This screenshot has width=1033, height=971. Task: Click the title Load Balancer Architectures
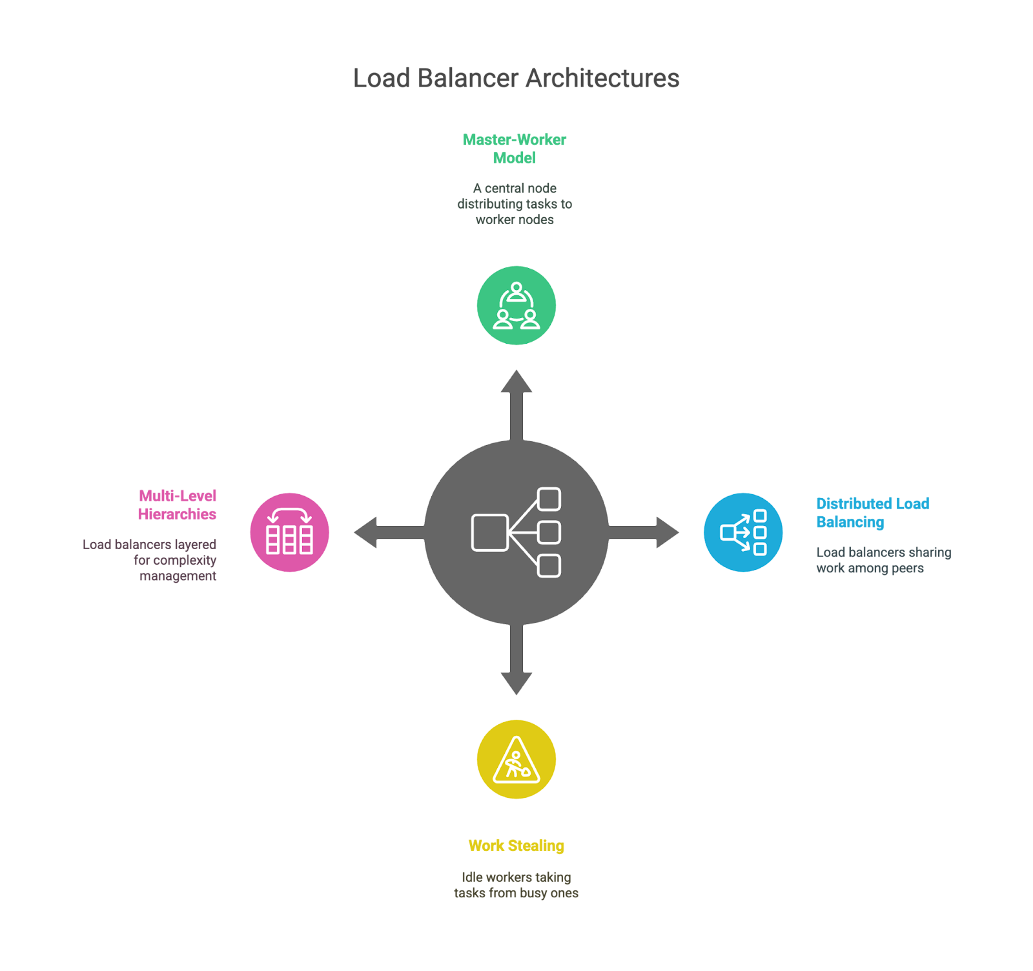pos(516,78)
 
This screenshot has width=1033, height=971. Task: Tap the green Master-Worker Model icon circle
pos(516,306)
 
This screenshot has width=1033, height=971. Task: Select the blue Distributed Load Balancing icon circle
pos(743,532)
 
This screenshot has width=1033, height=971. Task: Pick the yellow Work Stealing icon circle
pos(516,760)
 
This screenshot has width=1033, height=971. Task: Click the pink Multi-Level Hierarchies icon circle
pos(289,532)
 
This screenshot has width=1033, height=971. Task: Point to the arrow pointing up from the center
pos(516,401)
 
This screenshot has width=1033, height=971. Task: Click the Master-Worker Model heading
pos(515,149)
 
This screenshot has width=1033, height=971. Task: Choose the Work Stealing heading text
pos(516,846)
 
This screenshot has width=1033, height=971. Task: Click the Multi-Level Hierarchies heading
pos(178,505)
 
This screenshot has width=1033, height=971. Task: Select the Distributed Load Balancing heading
pos(872,513)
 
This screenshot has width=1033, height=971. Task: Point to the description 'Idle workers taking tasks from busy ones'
pos(516,885)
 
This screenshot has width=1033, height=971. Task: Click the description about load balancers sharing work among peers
pos(883,560)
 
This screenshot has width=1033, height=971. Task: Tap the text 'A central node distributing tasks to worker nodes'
pos(515,204)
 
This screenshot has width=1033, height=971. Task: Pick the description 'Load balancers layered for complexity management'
pos(150,560)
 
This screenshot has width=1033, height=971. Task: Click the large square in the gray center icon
pos(489,533)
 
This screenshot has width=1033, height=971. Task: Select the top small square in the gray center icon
pos(549,499)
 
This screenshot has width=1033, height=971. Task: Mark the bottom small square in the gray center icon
pos(549,566)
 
